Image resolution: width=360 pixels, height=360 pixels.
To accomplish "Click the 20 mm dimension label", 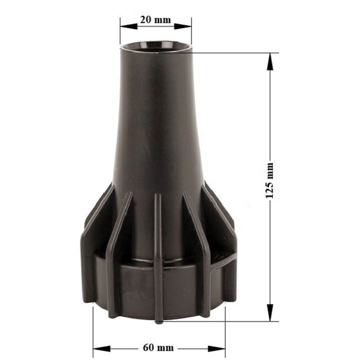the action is click(x=155, y=20).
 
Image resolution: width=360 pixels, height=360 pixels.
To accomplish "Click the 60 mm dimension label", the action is click(x=158, y=348).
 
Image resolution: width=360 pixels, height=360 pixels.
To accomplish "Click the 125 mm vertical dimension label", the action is click(x=269, y=180).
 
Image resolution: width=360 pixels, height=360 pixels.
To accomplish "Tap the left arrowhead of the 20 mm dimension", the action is click(x=129, y=26).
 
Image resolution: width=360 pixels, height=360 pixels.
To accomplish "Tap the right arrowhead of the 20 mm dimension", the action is click(x=183, y=26).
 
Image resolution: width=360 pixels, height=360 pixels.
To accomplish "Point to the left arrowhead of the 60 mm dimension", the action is click(x=101, y=348).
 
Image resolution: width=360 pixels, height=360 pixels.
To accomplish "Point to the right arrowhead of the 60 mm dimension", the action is click(x=216, y=348).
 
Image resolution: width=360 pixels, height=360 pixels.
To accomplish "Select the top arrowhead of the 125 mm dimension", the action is click(x=270, y=61).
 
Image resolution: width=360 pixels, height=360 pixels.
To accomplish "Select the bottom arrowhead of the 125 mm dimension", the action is click(x=270, y=312).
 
